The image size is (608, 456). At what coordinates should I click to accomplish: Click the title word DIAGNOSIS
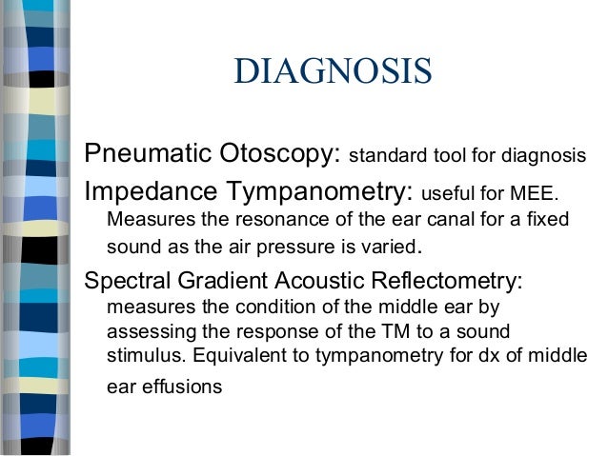point(333,72)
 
